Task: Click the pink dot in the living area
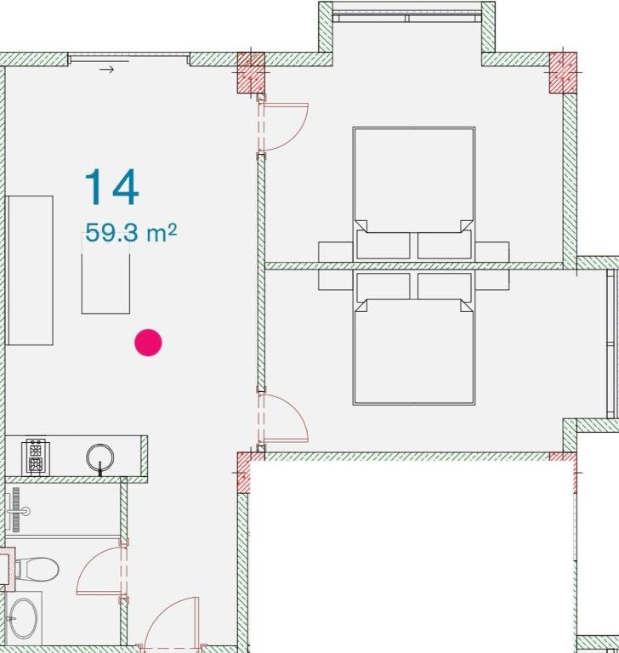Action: click(148, 343)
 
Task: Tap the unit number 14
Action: click(111, 187)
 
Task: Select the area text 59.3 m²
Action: click(131, 232)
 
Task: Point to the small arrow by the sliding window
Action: click(106, 70)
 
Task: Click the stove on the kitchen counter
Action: click(36, 456)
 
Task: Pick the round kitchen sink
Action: click(100, 457)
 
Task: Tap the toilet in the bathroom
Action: click(36, 569)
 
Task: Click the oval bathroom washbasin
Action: click(24, 619)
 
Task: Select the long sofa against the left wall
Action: click(29, 270)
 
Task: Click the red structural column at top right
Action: click(563, 72)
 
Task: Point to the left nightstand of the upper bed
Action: click(336, 253)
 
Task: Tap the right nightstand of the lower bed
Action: click(492, 280)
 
